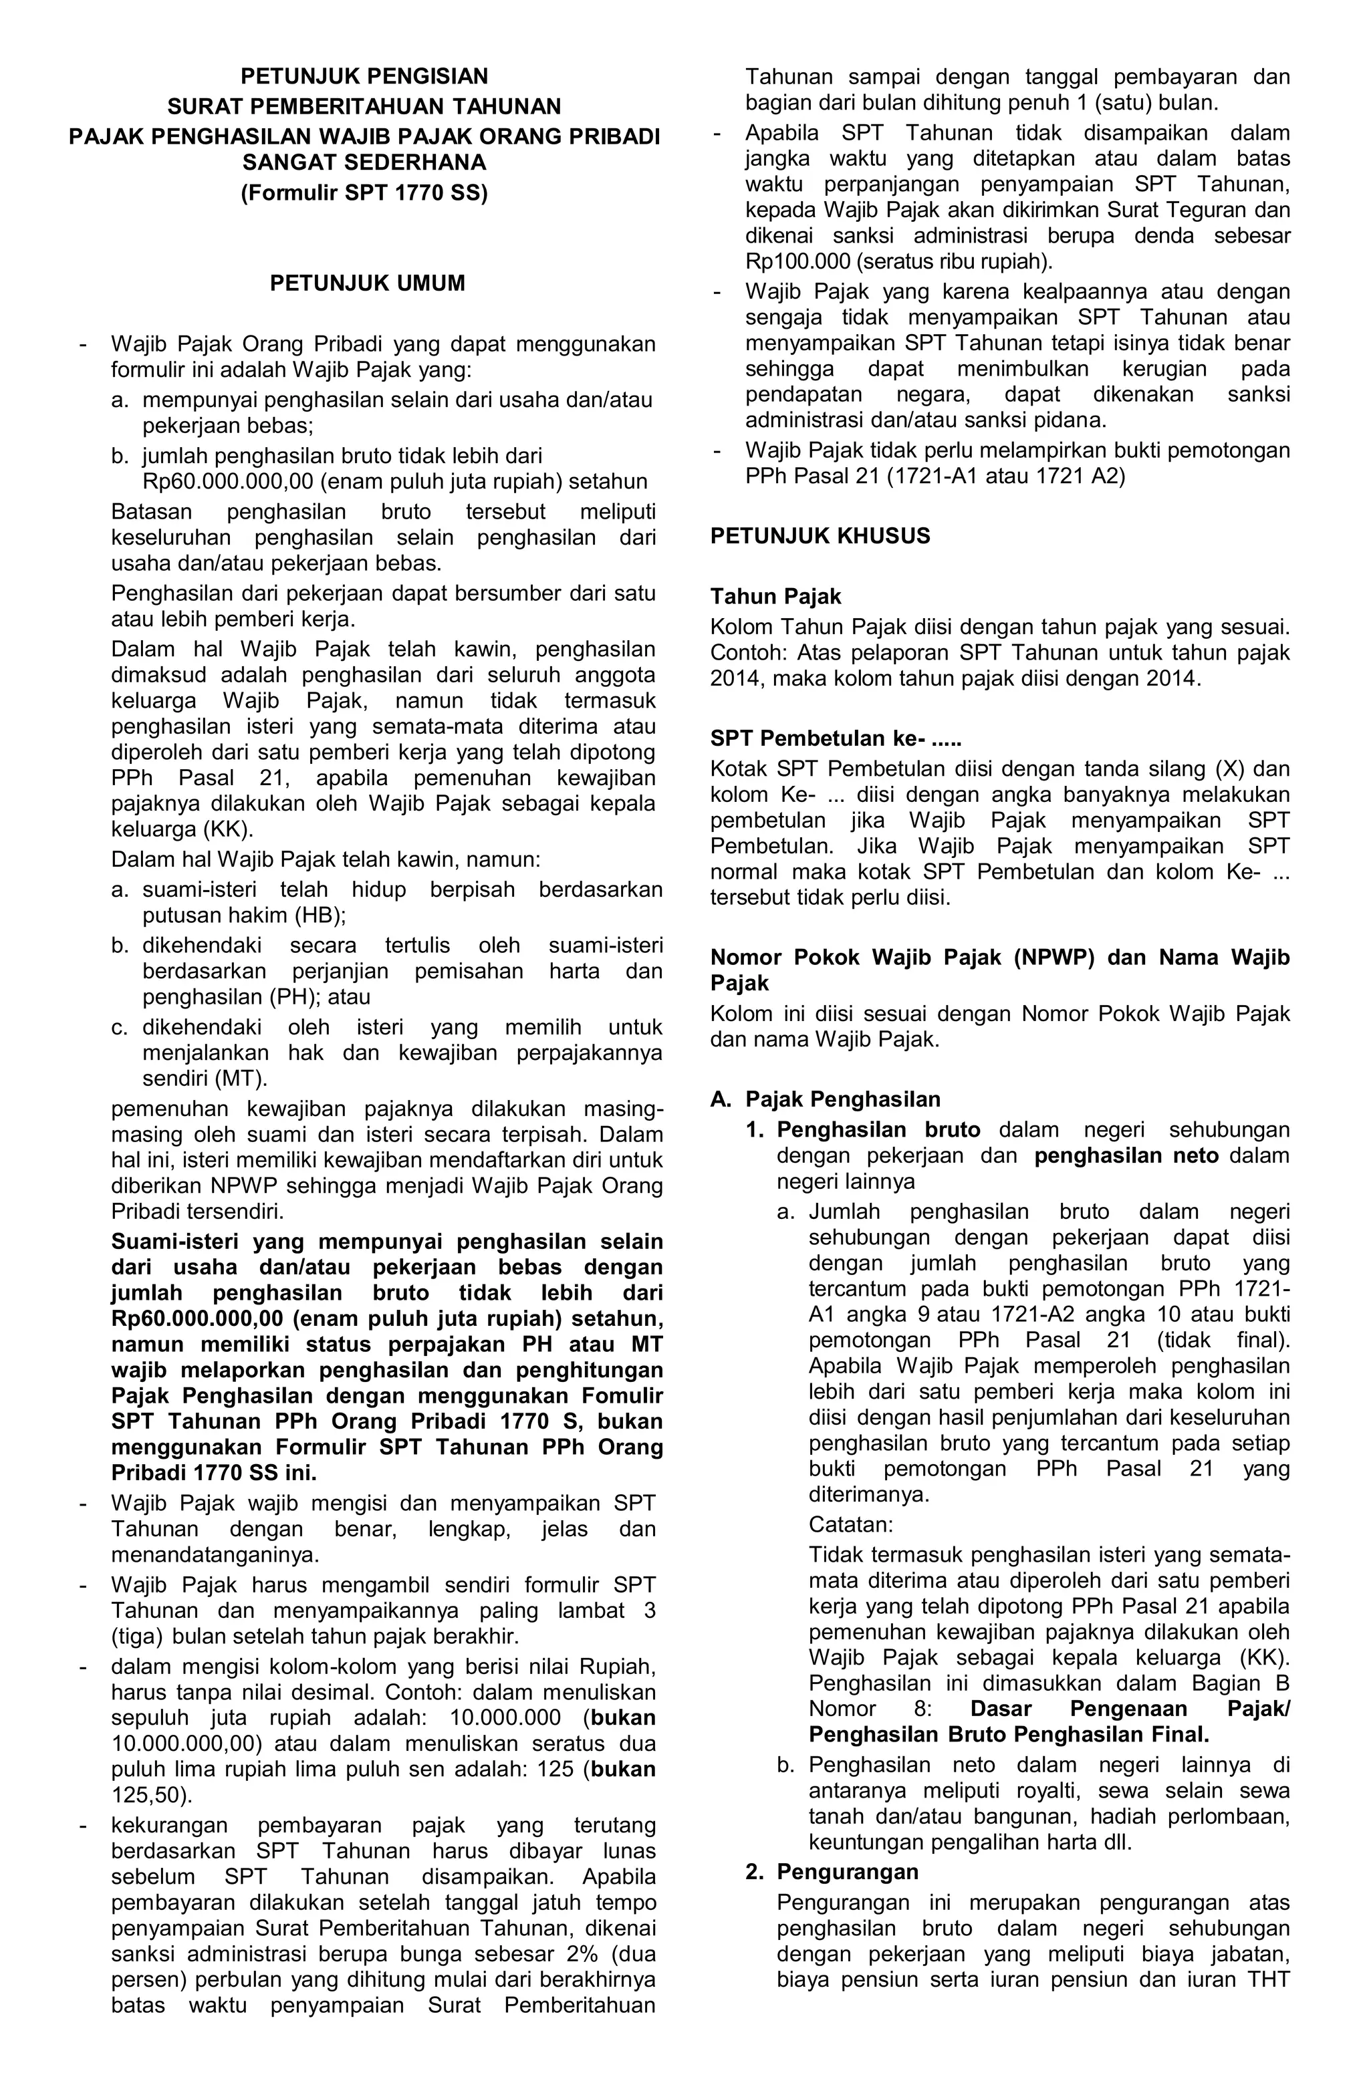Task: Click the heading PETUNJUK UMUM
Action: (x=367, y=283)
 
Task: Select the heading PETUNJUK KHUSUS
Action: (x=820, y=537)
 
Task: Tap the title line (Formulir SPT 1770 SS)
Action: (x=364, y=192)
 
